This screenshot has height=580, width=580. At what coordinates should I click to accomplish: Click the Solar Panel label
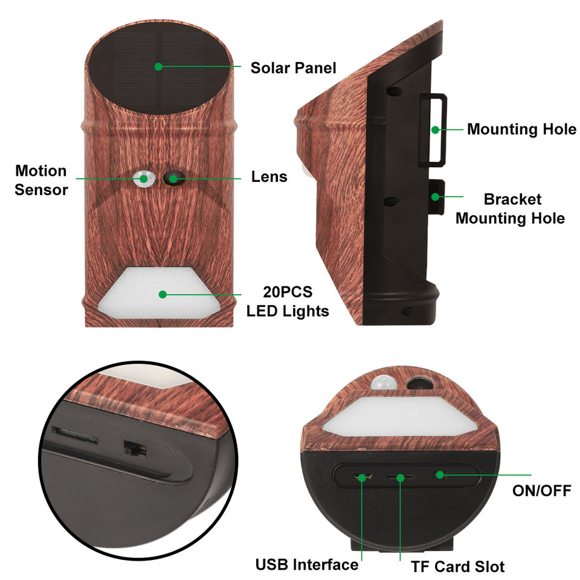[293, 68]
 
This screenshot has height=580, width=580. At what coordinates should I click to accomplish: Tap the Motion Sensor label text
[41, 180]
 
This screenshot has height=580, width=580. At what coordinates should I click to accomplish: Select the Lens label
[269, 177]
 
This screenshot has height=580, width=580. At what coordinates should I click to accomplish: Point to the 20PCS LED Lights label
[288, 301]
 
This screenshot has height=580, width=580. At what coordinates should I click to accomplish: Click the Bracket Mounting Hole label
[510, 208]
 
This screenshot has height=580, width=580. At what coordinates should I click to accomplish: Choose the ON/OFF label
[541, 490]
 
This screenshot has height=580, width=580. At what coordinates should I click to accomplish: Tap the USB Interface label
[306, 565]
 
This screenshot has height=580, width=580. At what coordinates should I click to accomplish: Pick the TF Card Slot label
[457, 566]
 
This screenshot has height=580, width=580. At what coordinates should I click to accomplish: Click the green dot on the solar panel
[158, 66]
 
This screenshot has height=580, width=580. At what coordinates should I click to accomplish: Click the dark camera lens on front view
[174, 178]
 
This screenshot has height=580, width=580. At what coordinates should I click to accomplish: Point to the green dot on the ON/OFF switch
[440, 474]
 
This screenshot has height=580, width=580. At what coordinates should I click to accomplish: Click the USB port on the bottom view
[362, 478]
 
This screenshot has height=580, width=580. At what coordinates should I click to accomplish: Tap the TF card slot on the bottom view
[399, 478]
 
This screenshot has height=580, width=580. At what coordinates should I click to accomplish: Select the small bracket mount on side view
[436, 196]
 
